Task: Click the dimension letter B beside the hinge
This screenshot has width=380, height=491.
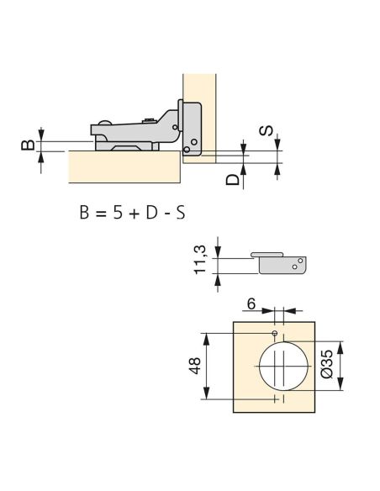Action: pos(28,145)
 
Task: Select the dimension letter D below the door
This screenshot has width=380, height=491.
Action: pos(233,180)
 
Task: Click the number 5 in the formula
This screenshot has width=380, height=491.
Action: pos(118,213)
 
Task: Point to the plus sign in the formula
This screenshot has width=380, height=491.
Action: pos(134,214)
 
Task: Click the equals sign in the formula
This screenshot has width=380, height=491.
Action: pos(101,214)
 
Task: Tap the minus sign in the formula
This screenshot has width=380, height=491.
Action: pos(166,214)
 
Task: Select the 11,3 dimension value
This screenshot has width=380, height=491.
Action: pos(200,260)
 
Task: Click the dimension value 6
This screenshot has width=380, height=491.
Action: pos(251,304)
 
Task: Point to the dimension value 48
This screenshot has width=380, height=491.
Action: pos(195,366)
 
